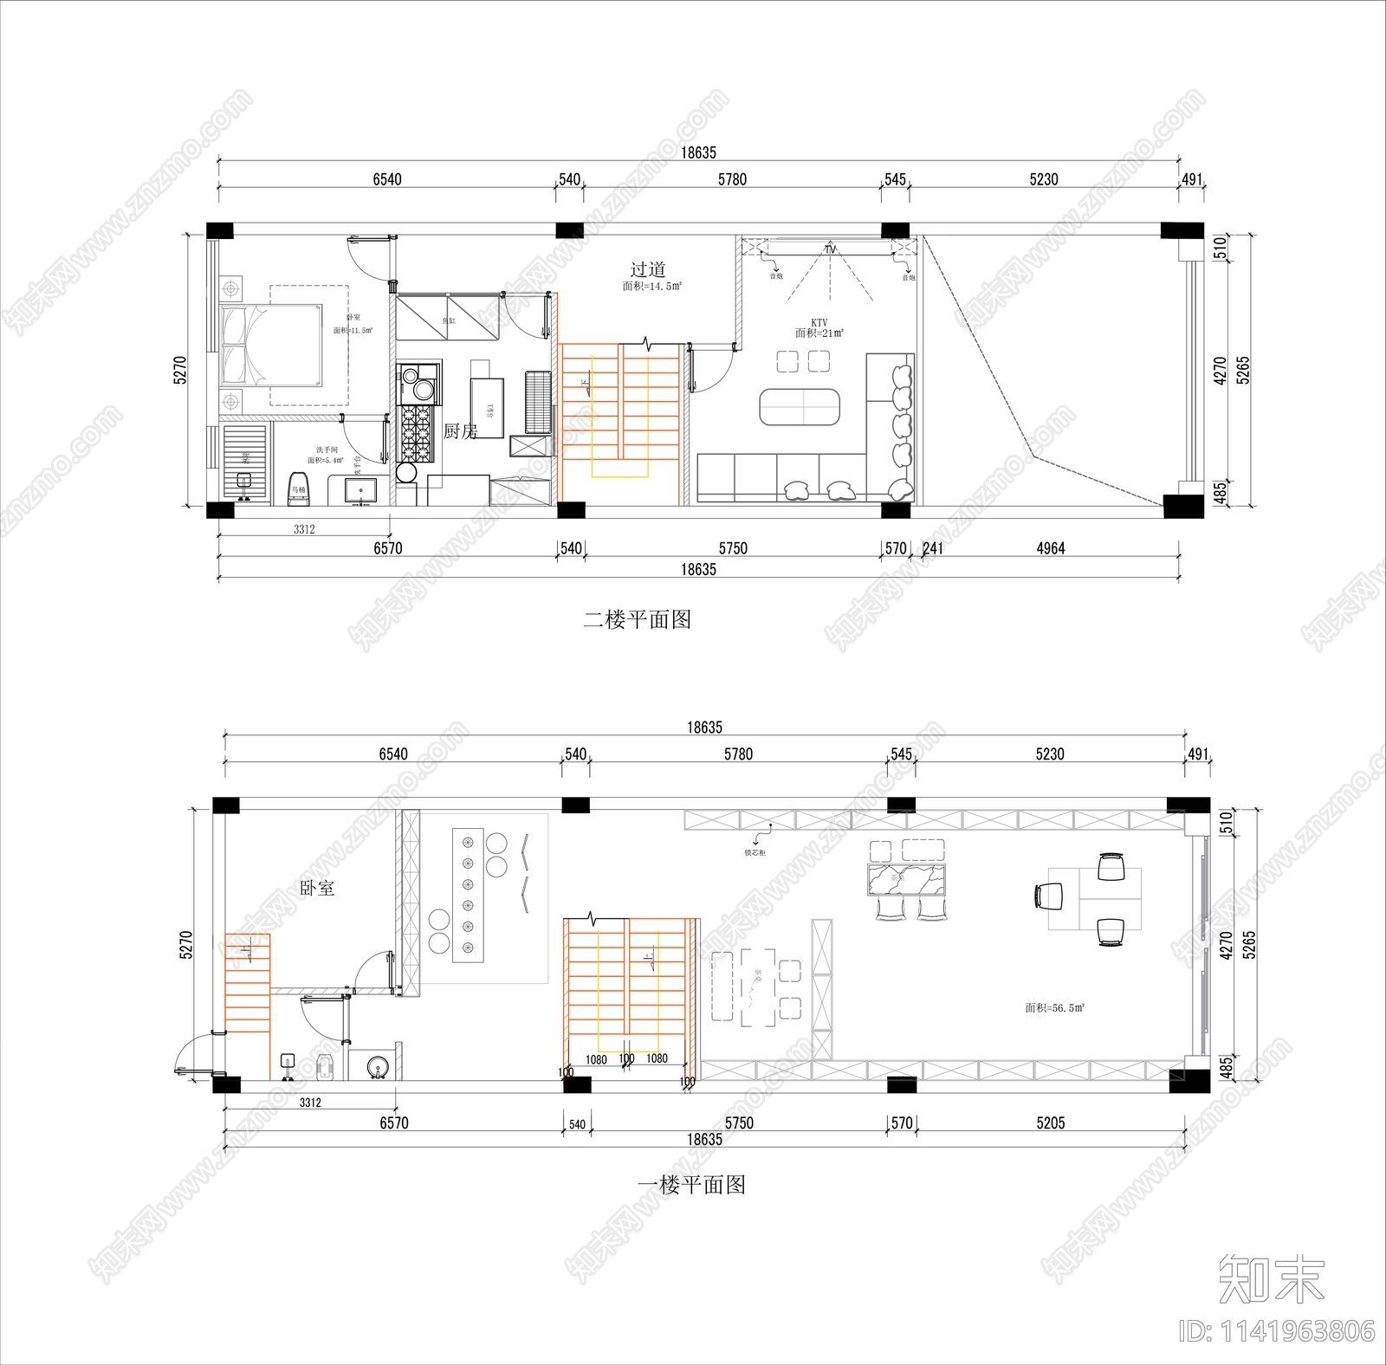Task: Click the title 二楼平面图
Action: pyautogui.click(x=637, y=619)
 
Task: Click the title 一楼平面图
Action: pyautogui.click(x=691, y=1184)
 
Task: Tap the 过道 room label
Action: pyautogui.click(x=647, y=269)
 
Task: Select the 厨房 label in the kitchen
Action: pyautogui.click(x=460, y=430)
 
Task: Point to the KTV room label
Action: pyautogui.click(x=819, y=322)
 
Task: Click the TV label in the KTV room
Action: pyautogui.click(x=831, y=249)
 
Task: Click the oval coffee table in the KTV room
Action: pyautogui.click(x=800, y=407)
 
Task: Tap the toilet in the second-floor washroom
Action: pyautogui.click(x=298, y=488)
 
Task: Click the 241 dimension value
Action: pyautogui.click(x=933, y=548)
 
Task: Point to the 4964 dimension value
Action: pyautogui.click(x=1050, y=548)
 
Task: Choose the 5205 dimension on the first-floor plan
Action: pyautogui.click(x=1050, y=1122)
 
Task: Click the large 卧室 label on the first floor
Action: pyautogui.click(x=317, y=888)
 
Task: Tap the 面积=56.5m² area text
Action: pyautogui.click(x=1055, y=1007)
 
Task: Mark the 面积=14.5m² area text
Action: pyautogui.click(x=651, y=286)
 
